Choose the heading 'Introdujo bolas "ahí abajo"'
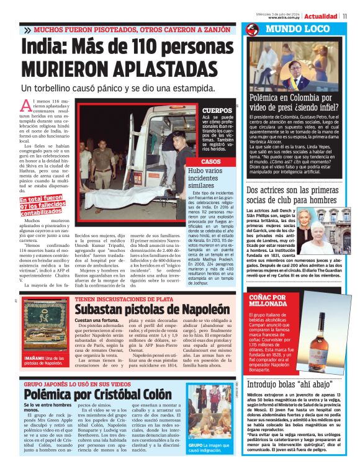(x=290, y=385)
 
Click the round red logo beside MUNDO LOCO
(x=253, y=29)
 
